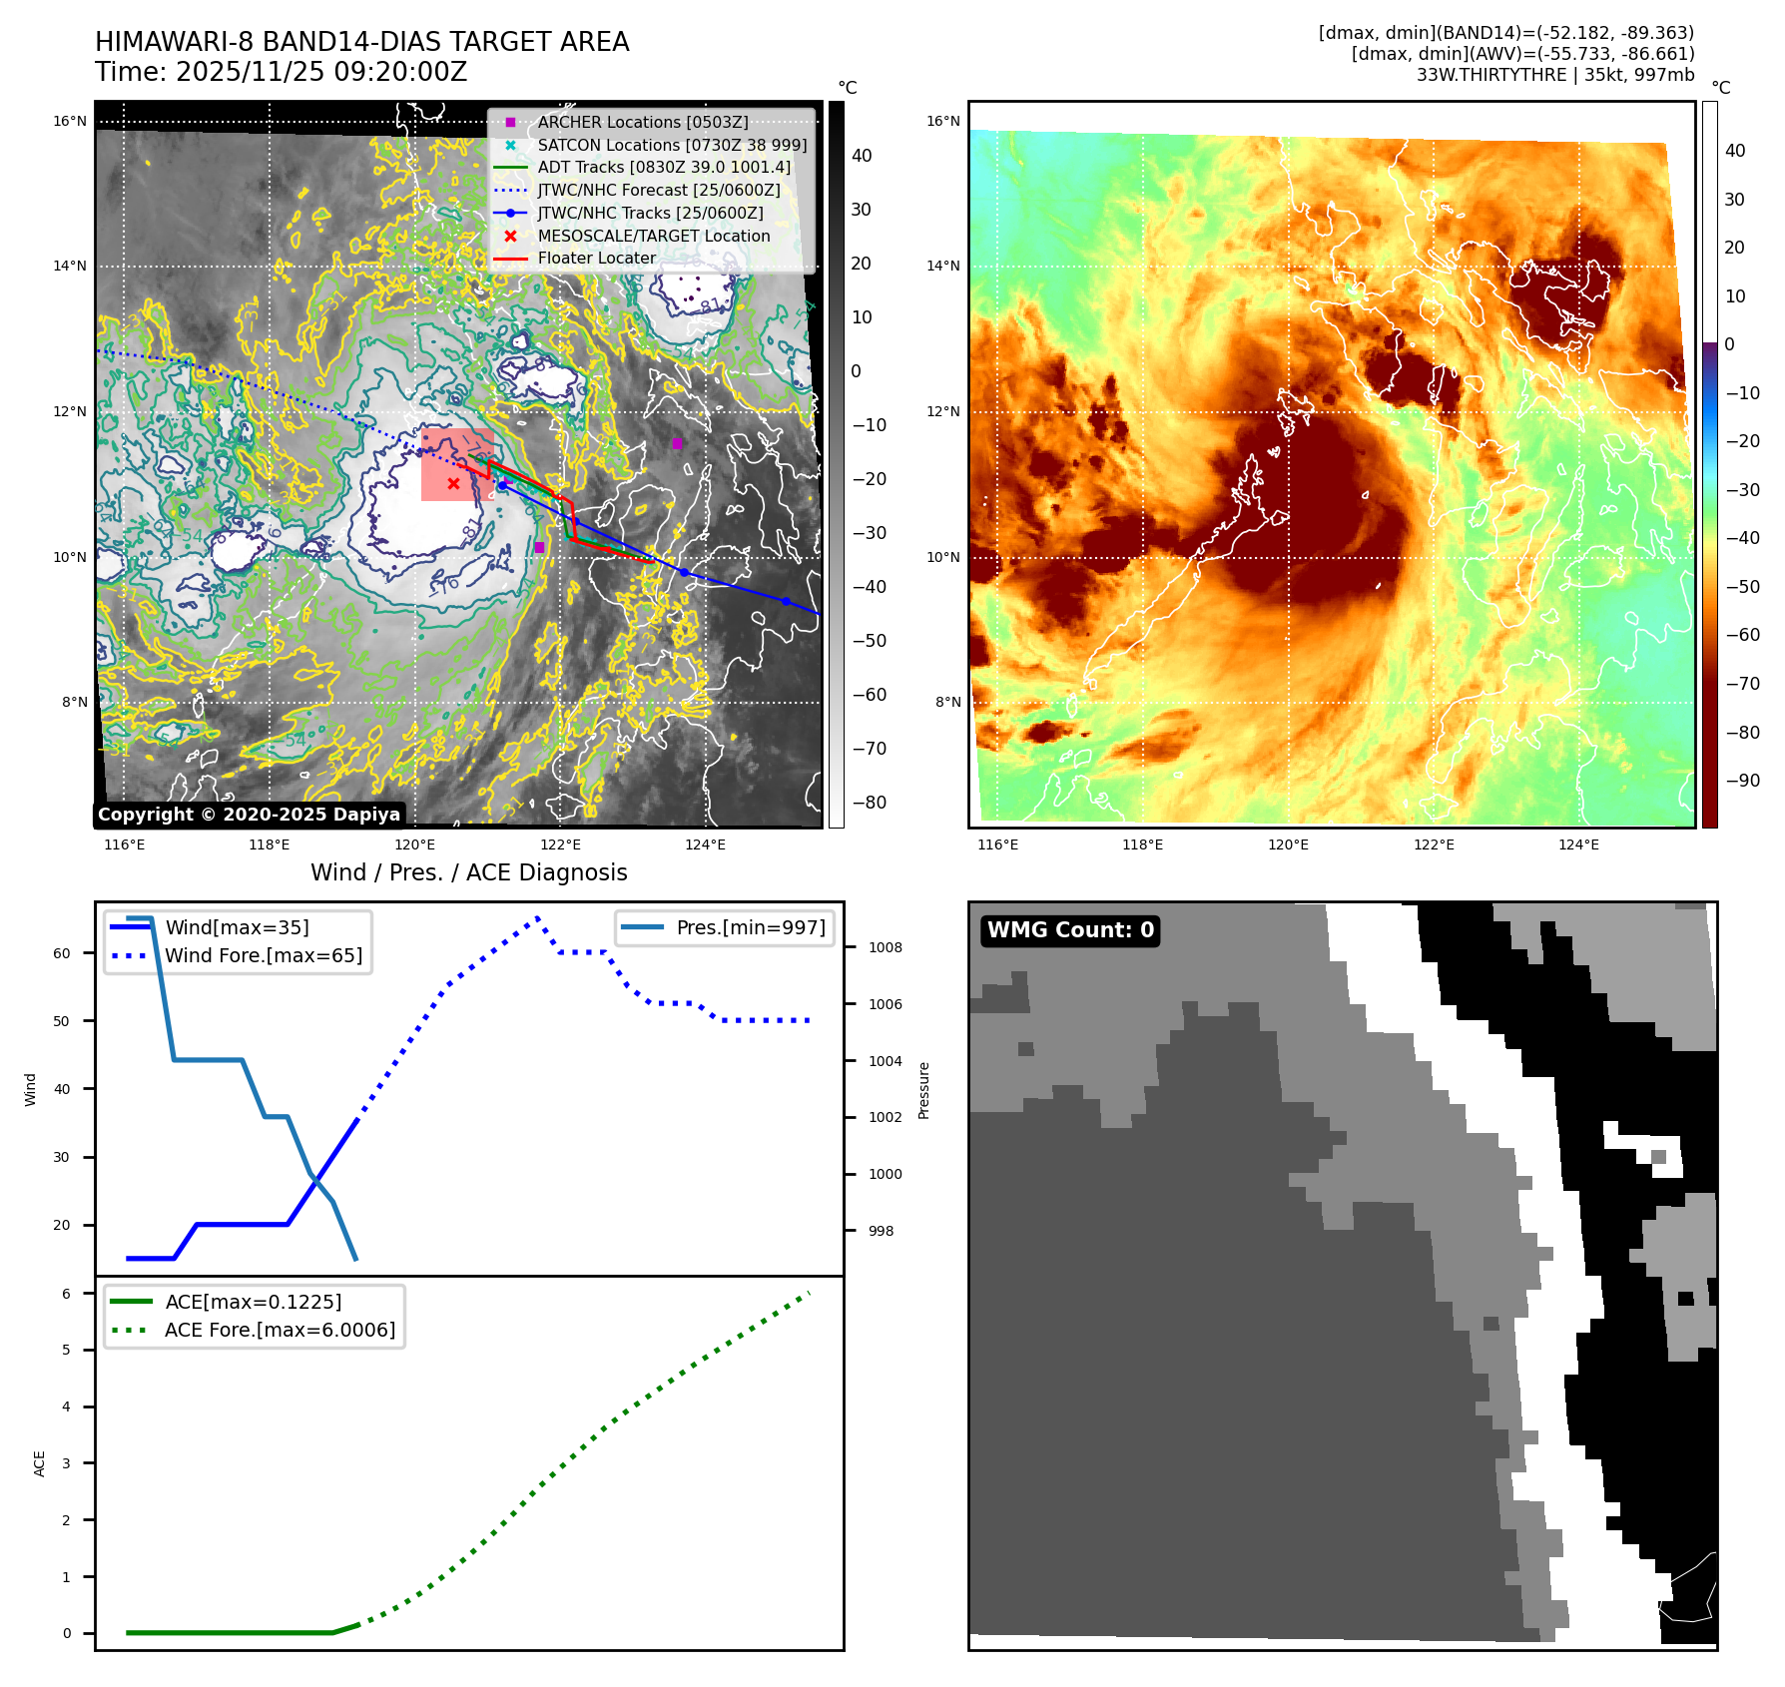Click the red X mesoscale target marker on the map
pyautogui.click(x=453, y=484)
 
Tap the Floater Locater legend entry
pyautogui.click(x=596, y=258)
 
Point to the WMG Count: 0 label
pyautogui.click(x=1070, y=930)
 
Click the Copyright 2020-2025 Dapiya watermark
pyautogui.click(x=249, y=815)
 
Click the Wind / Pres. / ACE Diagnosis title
pyautogui.click(x=468, y=872)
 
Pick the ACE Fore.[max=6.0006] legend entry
pyautogui.click(x=280, y=1330)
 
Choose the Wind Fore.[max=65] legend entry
pyautogui.click(x=264, y=955)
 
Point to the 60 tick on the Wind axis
pyautogui.click(x=62, y=953)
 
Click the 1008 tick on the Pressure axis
pyautogui.click(x=885, y=947)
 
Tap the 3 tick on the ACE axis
pyautogui.click(x=67, y=1463)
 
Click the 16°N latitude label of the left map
pyautogui.click(x=70, y=122)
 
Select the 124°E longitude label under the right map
pyautogui.click(x=1578, y=844)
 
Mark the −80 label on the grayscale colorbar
pyautogui.click(x=869, y=803)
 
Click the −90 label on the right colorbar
pyautogui.click(x=1743, y=781)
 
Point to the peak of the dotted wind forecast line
pyautogui.click(x=537, y=916)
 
